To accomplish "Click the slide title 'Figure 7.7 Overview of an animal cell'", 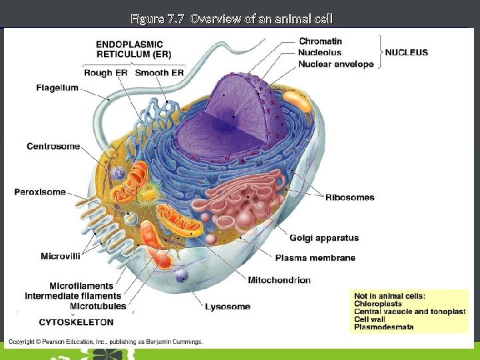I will tap(231, 18).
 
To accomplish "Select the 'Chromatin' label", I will tap(321, 41).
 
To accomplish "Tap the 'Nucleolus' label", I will tap(320, 52).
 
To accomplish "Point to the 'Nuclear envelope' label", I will tap(336, 64).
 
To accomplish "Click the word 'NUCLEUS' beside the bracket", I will tap(407, 52).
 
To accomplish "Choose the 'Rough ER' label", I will tap(107, 73).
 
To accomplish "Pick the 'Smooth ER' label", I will tap(159, 73).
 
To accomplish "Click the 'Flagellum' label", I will tap(57, 88).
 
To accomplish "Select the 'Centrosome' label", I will tap(53, 146).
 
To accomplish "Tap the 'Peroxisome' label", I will tap(40, 192).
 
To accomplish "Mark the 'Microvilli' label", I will tap(61, 256).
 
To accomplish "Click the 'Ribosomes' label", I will tap(350, 197).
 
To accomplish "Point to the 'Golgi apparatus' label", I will tap(324, 238).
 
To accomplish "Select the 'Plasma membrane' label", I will tap(315, 257).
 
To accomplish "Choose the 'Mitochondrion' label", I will tap(279, 280).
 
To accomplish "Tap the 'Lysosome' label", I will tap(227, 307).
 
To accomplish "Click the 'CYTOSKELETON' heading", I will tap(76, 322).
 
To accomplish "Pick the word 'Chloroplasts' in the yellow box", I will tap(378, 303).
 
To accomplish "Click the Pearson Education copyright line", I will tap(105, 342).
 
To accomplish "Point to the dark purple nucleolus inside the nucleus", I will tap(233, 117).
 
